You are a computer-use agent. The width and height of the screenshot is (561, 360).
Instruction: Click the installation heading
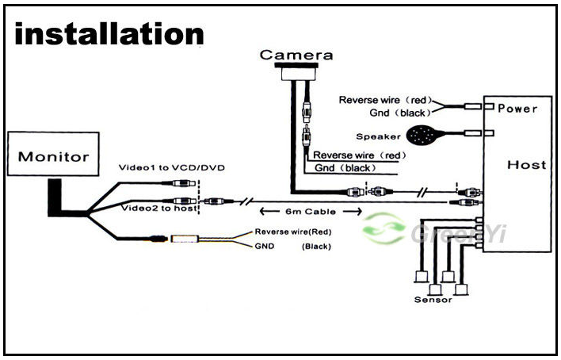[109, 34]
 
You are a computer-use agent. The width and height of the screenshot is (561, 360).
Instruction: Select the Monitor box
[54, 155]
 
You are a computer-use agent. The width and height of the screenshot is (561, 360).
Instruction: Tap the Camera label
[296, 56]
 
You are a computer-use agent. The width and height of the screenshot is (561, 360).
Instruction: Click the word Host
[527, 165]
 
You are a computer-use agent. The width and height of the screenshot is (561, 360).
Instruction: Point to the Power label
[517, 108]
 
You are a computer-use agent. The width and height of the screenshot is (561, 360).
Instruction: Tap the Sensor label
[433, 300]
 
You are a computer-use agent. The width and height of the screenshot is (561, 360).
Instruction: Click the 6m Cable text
[311, 212]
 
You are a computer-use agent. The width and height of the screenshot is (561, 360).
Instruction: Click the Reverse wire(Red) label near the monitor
[292, 232]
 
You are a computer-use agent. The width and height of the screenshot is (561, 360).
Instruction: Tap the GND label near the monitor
[264, 247]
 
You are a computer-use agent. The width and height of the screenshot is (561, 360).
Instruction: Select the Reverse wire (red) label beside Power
[384, 100]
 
